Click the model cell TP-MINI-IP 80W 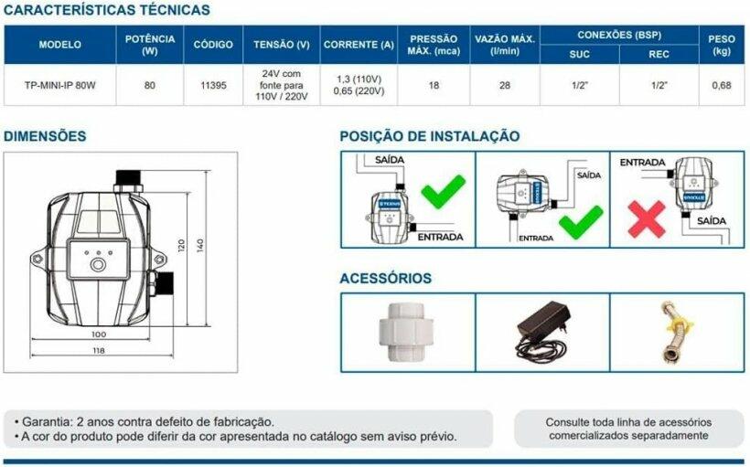[59, 86]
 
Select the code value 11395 [213, 86]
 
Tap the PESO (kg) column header [722, 45]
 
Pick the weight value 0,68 [722, 86]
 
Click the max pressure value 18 [434, 86]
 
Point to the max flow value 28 [505, 86]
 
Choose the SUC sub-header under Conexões [579, 54]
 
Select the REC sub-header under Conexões [659, 54]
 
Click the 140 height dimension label [200, 245]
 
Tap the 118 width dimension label [99, 350]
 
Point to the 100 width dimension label [99, 334]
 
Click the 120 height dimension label [181, 246]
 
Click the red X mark [647, 219]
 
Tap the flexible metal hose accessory [676, 330]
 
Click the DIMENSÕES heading [45, 136]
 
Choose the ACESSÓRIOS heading [386, 278]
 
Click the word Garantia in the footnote [47, 422]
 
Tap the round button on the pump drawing [98, 264]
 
